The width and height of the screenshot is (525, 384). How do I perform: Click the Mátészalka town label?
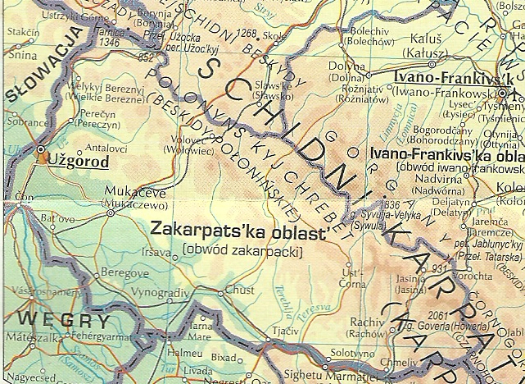(x=26, y=336)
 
